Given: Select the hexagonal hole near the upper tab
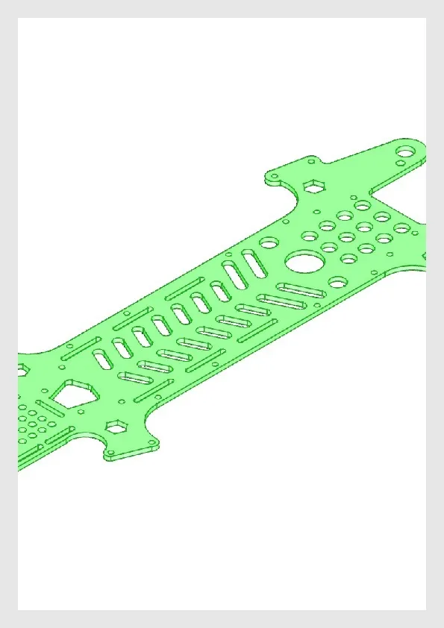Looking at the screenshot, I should coord(314,185).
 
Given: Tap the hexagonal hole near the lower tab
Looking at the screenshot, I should coord(116,427).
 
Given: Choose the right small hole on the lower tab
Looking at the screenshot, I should coord(154,445).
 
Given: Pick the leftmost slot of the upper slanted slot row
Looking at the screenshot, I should coord(102,359).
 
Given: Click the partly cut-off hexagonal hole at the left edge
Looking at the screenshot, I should coord(20,369).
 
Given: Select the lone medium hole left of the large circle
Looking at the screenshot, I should coord(269,242).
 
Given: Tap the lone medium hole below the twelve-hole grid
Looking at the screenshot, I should coord(337,282).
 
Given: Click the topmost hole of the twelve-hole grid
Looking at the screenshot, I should coord(363,204).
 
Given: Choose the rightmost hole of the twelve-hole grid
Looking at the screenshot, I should coord(402,227).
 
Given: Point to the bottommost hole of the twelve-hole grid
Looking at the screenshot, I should coord(348,259).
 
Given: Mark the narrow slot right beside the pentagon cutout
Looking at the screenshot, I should coord(50,408).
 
